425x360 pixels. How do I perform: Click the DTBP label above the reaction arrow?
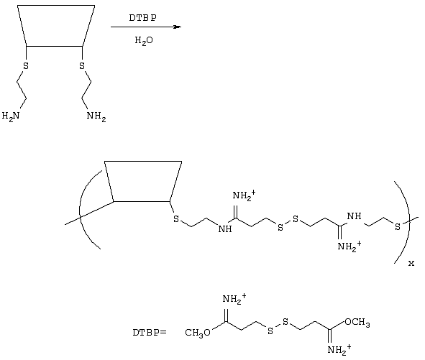[x=143, y=18]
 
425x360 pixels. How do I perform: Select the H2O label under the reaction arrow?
[x=144, y=41]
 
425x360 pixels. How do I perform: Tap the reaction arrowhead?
[x=177, y=27]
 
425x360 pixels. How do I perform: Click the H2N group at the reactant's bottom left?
[x=11, y=116]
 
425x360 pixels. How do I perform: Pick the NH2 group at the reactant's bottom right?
[x=96, y=116]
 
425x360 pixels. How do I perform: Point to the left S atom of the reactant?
[x=26, y=66]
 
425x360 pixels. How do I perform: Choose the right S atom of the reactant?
[x=82, y=66]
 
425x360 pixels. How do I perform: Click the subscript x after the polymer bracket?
[x=411, y=263]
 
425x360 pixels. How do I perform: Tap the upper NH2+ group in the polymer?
[x=244, y=195]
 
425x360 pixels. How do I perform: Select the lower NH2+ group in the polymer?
[x=349, y=246]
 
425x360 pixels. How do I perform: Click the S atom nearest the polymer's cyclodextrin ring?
[x=176, y=219]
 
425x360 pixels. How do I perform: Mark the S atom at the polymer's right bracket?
[x=398, y=227]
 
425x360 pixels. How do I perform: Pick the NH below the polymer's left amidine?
[x=225, y=229]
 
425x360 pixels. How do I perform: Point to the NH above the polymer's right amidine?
[x=355, y=216]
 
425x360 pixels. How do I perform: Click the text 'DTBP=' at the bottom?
[x=150, y=333]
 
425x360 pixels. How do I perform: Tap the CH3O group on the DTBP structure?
[x=198, y=333]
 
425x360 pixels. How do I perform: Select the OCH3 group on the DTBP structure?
[x=357, y=323]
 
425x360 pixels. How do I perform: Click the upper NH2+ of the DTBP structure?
[x=234, y=300]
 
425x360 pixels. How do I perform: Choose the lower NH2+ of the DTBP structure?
[x=339, y=350]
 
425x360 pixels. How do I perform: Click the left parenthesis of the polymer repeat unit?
[x=81, y=208]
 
